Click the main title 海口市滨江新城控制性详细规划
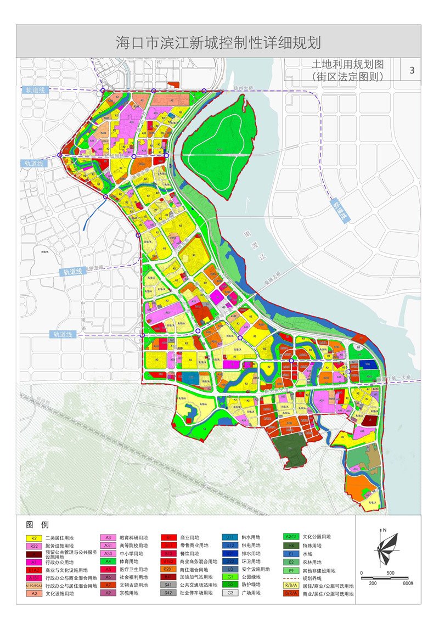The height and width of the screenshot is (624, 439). [x=218, y=42]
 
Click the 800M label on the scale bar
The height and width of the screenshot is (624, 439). [x=407, y=583]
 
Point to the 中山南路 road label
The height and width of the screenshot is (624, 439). [x=84, y=310]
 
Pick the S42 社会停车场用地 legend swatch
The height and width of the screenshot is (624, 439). [x=168, y=593]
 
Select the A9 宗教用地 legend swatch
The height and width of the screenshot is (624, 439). [x=108, y=593]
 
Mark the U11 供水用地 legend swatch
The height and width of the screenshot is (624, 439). [x=230, y=537]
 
